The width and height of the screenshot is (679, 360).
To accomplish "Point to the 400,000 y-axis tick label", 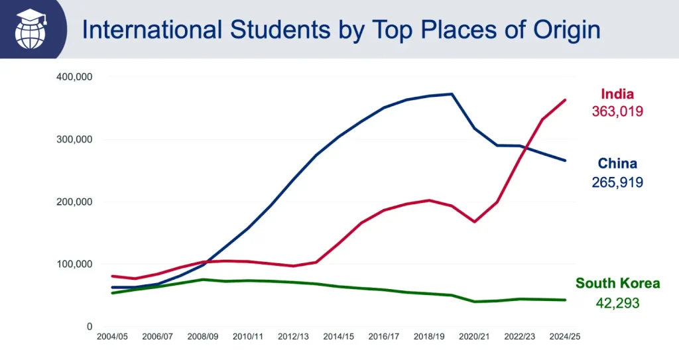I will point(74,77).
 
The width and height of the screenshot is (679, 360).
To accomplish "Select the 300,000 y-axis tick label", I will point(74,139).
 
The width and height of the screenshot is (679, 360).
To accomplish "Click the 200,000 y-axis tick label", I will point(74,202).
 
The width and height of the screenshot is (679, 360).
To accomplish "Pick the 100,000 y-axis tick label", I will point(74,264).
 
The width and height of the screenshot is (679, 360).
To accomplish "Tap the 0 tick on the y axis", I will point(89,326).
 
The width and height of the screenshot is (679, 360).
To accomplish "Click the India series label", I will point(617,94).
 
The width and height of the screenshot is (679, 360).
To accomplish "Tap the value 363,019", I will point(617,111).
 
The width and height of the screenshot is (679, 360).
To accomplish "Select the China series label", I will point(617,164).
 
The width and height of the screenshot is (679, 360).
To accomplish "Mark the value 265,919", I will point(617,182).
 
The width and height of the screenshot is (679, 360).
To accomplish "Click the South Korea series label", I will point(617,284).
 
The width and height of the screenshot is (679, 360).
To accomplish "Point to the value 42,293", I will point(617,302).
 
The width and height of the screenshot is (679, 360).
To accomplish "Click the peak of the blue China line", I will point(452,94).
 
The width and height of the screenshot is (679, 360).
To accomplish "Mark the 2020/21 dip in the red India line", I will point(474,221).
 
